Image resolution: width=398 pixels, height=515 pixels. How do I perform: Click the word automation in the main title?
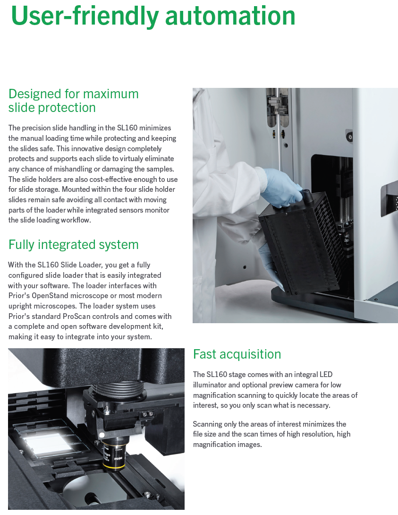(x=230, y=16)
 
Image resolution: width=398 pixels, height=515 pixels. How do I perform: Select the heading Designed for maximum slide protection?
(x=74, y=101)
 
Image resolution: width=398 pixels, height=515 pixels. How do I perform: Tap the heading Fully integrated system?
(x=74, y=245)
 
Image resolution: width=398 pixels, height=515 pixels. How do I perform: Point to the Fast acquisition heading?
(x=237, y=354)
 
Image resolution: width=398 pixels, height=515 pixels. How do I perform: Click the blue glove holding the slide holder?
(x=282, y=188)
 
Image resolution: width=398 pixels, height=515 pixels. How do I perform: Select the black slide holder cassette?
(x=302, y=241)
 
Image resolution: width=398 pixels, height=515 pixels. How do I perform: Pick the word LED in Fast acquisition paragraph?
(x=326, y=374)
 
